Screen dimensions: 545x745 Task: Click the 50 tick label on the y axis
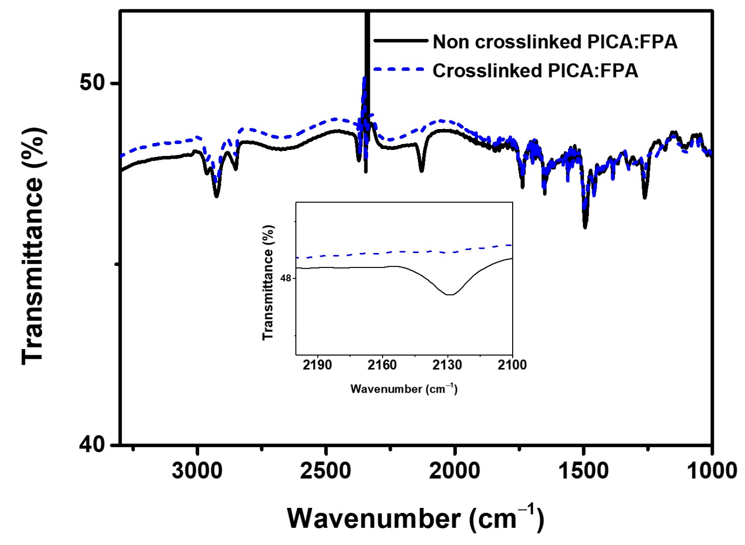[92, 83]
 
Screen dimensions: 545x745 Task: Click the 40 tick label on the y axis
[92, 444]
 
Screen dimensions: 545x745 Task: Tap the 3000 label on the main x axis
[197, 471]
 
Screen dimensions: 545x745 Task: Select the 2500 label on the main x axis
[325, 471]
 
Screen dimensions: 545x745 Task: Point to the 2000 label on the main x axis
[454, 471]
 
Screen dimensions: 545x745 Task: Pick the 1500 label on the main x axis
[583, 471]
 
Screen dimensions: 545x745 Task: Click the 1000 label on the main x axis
[712, 471]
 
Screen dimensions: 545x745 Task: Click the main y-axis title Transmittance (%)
[33, 246]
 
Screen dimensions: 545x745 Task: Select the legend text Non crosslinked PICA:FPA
[555, 42]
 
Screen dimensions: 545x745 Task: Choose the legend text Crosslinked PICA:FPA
[535, 71]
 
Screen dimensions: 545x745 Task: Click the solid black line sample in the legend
[400, 41]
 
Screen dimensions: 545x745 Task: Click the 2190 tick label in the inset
[317, 365]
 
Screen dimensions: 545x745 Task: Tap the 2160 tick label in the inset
[382, 365]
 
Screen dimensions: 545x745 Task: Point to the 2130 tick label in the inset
[447, 365]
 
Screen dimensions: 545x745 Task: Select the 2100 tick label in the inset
[512, 365]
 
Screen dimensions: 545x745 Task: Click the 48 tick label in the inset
[286, 278]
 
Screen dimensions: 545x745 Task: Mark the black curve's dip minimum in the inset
[449, 294]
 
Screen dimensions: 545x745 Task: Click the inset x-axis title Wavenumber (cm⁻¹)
[404, 389]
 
